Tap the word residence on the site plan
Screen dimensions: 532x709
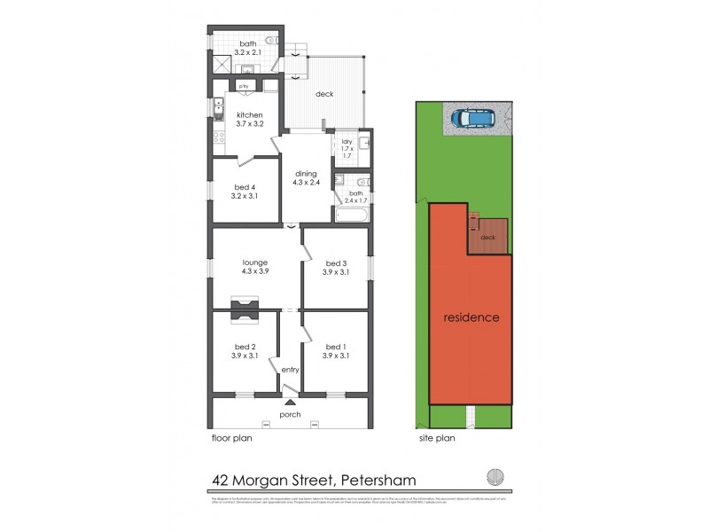pos(471,317)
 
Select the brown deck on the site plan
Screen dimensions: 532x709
pos(488,237)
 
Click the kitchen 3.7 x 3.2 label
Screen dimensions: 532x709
pos(250,121)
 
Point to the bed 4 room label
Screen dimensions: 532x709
pos(245,192)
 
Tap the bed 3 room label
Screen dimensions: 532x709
pos(337,267)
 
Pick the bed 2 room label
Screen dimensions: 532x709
pos(245,351)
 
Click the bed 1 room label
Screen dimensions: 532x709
pos(337,351)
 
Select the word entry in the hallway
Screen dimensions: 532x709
pos(290,370)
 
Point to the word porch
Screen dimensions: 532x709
pos(290,415)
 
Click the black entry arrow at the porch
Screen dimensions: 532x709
pos(290,403)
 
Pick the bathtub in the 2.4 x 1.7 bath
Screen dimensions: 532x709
pos(354,214)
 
